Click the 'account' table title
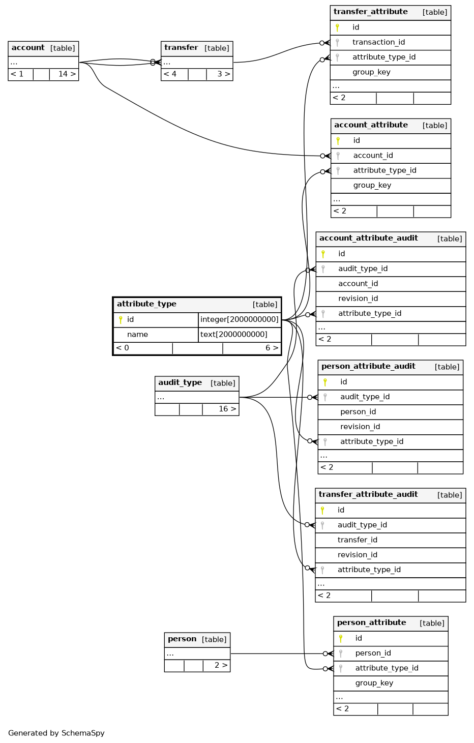tap(28, 47)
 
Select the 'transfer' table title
tap(181, 47)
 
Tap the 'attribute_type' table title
tap(146, 304)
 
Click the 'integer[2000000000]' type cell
tap(239, 319)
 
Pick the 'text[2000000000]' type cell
tap(233, 334)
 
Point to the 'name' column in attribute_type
tap(137, 334)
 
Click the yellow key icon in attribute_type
tap(121, 320)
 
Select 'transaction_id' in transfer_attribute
tap(378, 42)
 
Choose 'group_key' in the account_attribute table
tap(372, 186)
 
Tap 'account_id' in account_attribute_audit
tap(358, 284)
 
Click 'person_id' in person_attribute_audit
tap(358, 411)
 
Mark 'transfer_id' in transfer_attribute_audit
tap(357, 540)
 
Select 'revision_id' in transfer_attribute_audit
tap(357, 555)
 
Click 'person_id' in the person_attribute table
tap(373, 653)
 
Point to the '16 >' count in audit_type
tap(227, 409)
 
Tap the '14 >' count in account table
tap(67, 74)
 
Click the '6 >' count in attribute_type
tap(272, 348)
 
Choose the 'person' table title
tap(182, 639)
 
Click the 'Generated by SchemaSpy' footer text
tap(56, 733)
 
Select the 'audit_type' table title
tap(180, 382)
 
